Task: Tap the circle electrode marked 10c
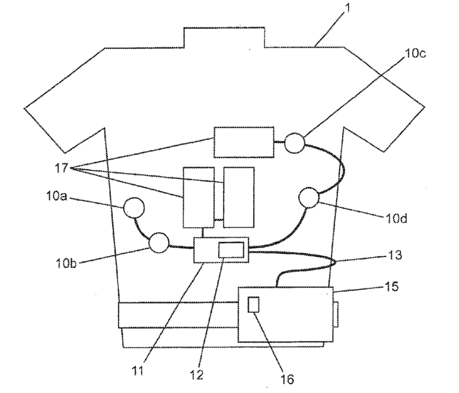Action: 295,142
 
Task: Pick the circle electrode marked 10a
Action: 135,208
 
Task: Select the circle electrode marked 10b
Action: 158,242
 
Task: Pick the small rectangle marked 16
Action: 253,305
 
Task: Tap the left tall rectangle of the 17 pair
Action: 198,196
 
